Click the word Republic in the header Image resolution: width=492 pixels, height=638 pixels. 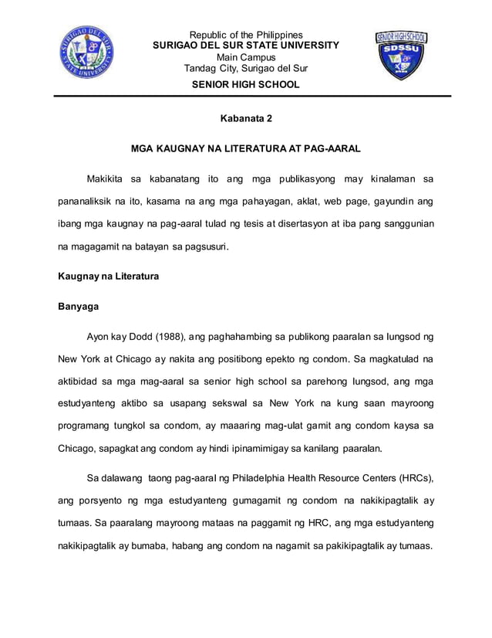(210, 35)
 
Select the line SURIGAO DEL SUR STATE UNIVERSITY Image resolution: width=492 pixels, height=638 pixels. (245, 46)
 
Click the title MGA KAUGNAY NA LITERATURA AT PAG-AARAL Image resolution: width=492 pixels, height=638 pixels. (245, 147)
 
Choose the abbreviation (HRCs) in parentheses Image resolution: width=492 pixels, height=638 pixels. (412, 476)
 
